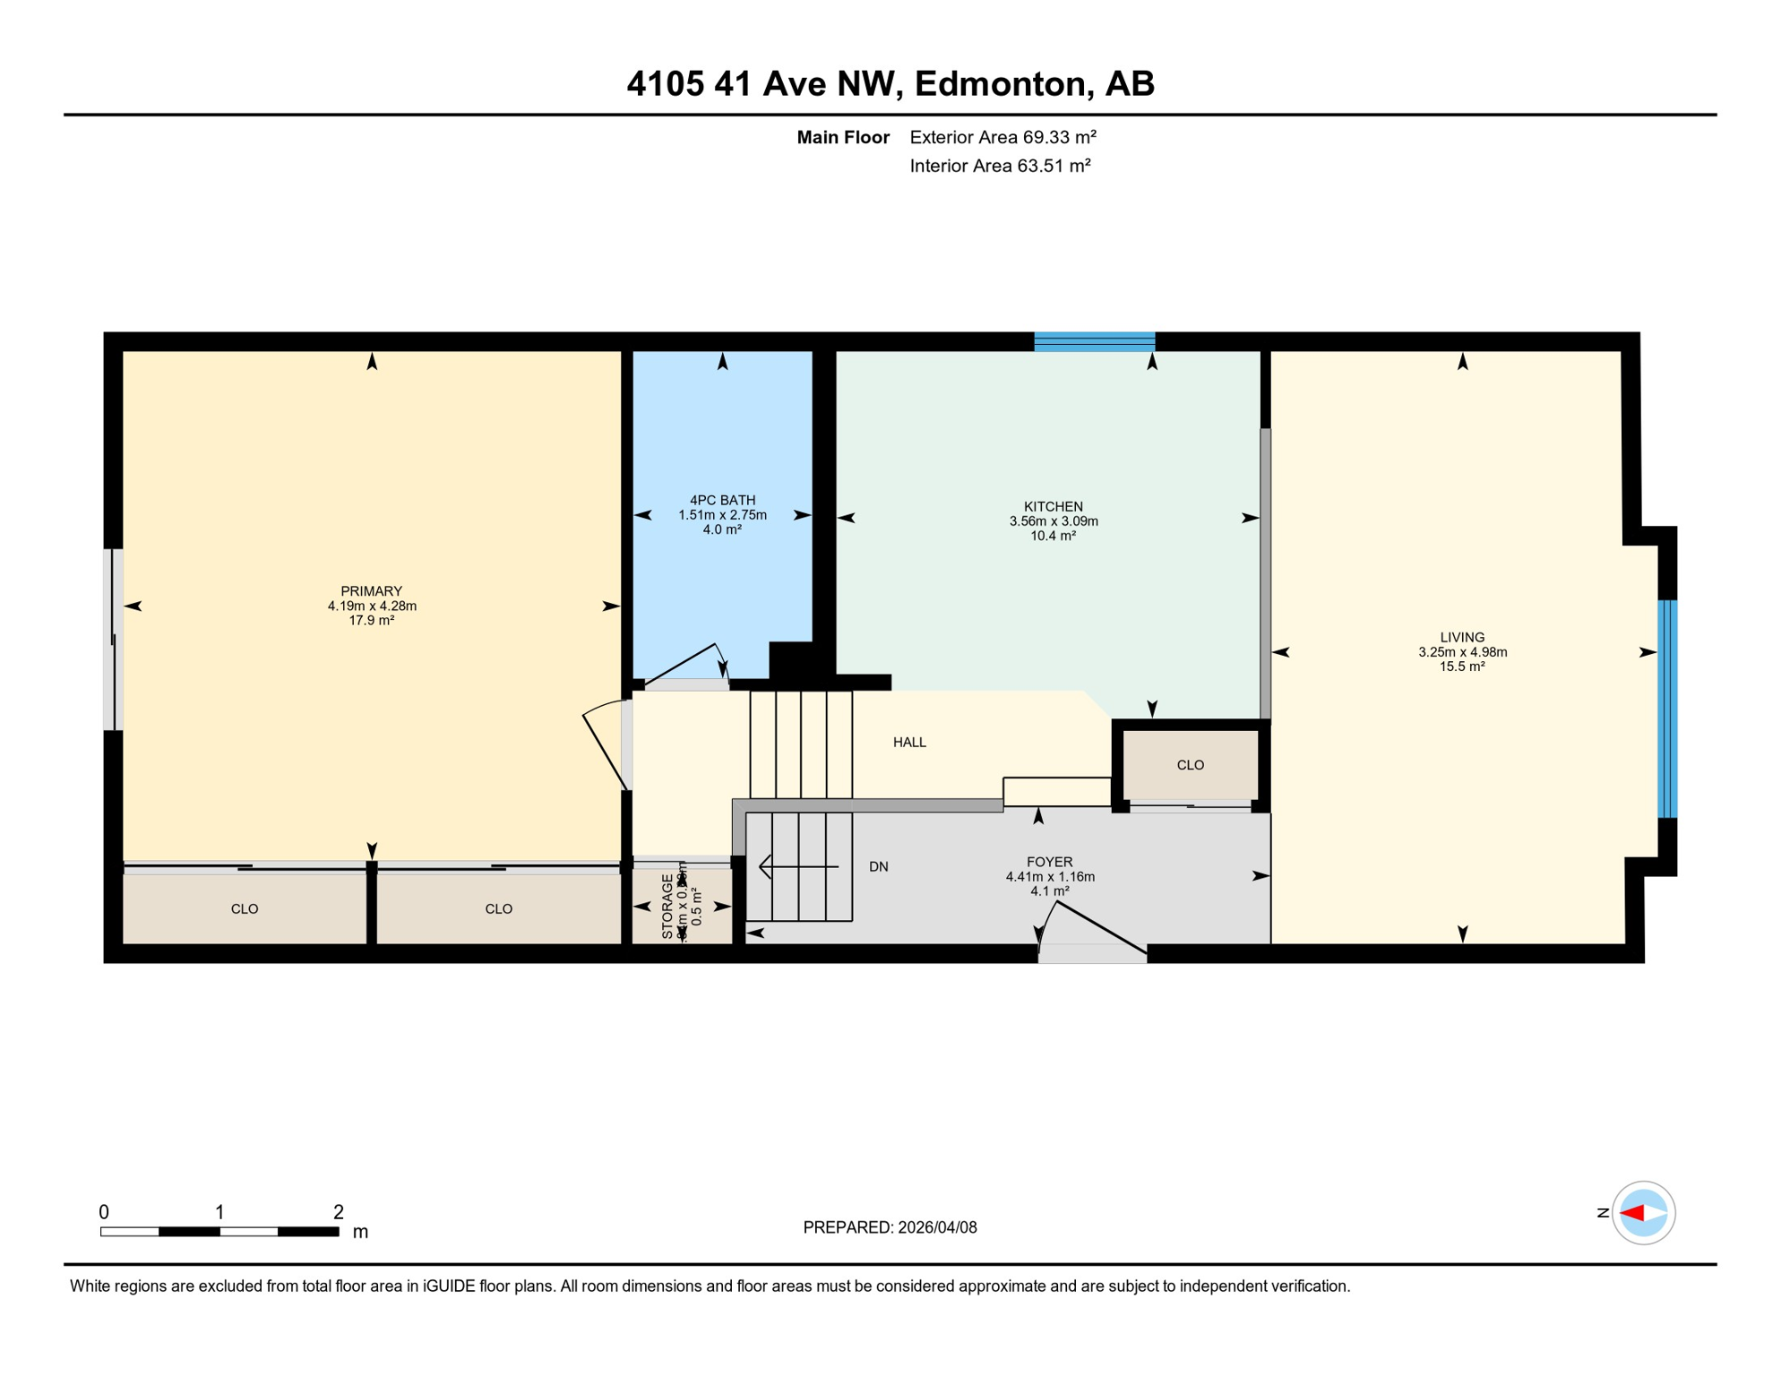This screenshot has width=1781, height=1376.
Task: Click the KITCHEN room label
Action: [x=1054, y=507]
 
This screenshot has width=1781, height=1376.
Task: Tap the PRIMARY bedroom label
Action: [x=371, y=591]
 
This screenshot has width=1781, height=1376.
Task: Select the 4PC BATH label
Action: [x=722, y=501]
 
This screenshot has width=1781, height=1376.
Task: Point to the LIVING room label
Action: [x=1462, y=638]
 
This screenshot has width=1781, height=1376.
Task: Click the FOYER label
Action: [x=1049, y=863]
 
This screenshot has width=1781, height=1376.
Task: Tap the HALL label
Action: [x=909, y=743]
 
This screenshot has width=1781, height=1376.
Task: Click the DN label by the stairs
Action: [x=878, y=867]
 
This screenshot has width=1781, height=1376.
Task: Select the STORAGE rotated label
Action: [x=667, y=907]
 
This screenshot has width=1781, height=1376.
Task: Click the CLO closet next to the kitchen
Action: [x=1190, y=765]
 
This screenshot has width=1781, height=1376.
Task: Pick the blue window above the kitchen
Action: [x=1094, y=341]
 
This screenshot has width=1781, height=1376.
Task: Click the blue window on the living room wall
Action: [x=1666, y=709]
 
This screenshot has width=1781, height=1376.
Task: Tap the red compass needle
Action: [x=1631, y=1214]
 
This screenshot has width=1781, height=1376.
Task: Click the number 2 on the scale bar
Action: [x=338, y=1212]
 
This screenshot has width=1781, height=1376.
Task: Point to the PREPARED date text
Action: [x=890, y=1228]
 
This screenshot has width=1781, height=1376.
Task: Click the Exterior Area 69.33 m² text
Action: [x=1002, y=137]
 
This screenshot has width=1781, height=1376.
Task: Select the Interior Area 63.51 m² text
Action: [x=1000, y=166]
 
